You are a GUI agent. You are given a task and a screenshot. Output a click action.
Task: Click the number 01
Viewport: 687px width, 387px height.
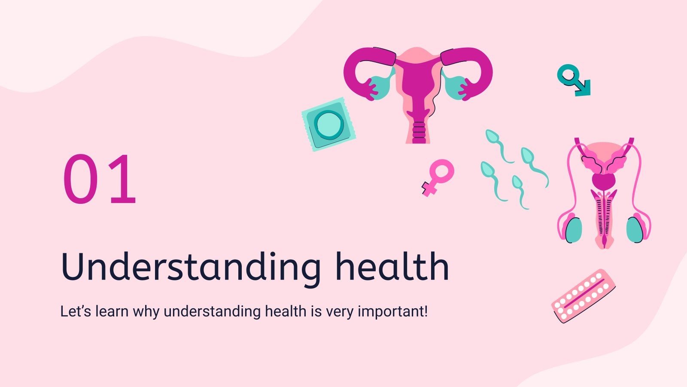(100, 179)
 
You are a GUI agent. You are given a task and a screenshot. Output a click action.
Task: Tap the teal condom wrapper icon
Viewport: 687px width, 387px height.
(328, 124)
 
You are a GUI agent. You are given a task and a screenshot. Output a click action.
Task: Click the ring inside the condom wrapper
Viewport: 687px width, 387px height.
(329, 124)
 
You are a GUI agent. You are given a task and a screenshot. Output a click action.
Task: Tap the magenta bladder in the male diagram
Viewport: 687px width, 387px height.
(604, 180)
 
